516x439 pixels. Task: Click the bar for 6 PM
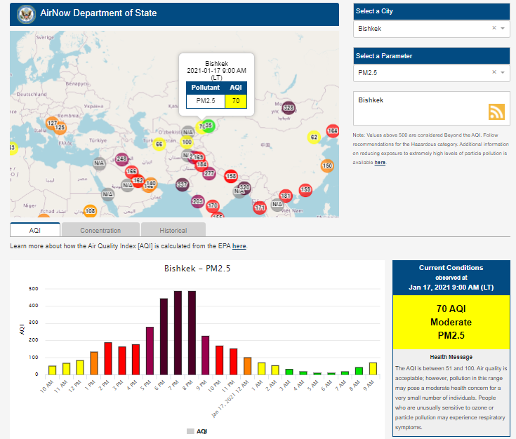164,337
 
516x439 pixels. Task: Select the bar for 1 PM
94,363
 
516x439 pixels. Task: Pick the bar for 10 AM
52,370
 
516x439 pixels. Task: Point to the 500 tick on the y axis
34,289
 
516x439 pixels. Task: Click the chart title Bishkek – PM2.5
197,269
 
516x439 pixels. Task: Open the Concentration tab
100,230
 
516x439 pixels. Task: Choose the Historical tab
173,230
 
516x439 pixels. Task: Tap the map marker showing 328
289,108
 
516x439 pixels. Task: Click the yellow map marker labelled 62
314,137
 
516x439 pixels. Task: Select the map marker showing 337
182,184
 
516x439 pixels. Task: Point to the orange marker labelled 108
90,210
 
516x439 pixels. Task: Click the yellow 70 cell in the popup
236,101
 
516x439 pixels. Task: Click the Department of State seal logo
27,13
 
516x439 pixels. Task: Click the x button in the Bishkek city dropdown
494,29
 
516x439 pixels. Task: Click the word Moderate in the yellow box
451,322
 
